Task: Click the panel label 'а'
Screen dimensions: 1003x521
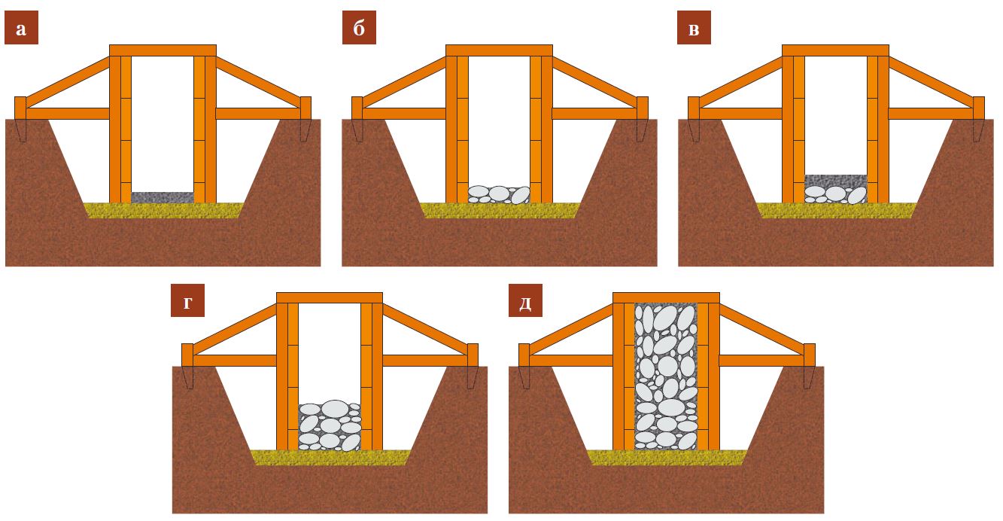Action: (x=21, y=28)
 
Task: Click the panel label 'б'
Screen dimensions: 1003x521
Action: (x=359, y=28)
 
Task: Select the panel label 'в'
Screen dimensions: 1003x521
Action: (x=694, y=28)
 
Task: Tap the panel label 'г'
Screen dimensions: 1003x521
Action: (x=187, y=300)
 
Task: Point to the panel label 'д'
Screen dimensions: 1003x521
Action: (x=525, y=300)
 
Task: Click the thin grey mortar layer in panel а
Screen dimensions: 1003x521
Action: (x=163, y=197)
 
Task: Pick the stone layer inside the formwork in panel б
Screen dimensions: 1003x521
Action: (x=499, y=195)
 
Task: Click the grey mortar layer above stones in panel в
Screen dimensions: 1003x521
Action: (x=835, y=181)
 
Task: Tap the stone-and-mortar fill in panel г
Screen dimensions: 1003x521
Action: (x=330, y=425)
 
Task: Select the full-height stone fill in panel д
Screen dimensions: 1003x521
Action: (x=666, y=376)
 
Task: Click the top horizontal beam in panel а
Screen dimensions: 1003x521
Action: (x=163, y=50)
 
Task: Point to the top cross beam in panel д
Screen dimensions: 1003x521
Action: (x=666, y=298)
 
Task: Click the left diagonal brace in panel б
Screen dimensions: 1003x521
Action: (x=404, y=82)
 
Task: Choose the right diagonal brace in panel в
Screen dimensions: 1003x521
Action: (x=932, y=82)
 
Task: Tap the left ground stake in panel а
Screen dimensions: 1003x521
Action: (x=20, y=119)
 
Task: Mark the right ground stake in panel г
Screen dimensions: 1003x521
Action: (x=473, y=366)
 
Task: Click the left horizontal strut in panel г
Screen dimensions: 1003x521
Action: (x=235, y=361)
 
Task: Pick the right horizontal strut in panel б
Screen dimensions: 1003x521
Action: (x=594, y=114)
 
